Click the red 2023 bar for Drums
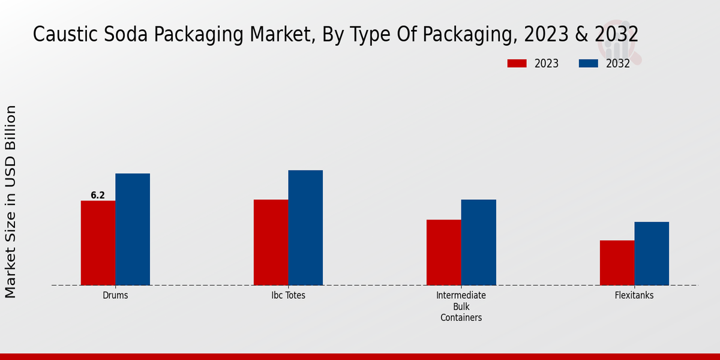pos(98,243)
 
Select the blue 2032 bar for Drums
pos(133,229)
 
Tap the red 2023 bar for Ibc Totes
pos(271,242)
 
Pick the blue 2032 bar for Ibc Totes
pos(305,228)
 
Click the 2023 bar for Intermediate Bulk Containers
pos(444,253)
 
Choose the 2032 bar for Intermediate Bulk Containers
pos(479,242)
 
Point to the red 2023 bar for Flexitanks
pos(617,263)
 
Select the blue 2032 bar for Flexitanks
pos(652,254)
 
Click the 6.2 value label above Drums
pos(98,195)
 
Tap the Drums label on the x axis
pos(115,296)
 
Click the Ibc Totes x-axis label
pos(288,296)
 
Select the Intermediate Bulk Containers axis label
pos(461,307)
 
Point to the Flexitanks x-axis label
pos(634,296)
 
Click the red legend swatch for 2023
pos(517,64)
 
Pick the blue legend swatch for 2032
pos(589,64)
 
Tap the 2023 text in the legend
pos(546,64)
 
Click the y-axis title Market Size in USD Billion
pos(11,201)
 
